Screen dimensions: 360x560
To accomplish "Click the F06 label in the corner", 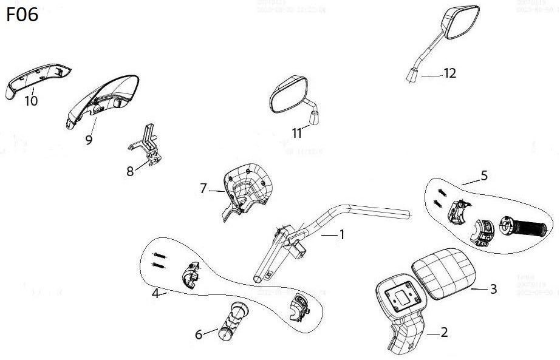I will point(22,15).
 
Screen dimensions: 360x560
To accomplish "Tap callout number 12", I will point(449,73).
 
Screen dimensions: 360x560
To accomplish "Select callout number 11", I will point(297,133).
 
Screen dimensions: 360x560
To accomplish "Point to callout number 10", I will point(30,101).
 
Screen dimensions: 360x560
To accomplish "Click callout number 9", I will point(89,139).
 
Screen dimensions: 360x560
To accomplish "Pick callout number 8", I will point(130,171).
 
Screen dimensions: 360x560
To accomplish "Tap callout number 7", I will point(203,188).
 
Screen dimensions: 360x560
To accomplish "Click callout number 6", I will point(198,334).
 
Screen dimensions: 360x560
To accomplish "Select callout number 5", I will point(483,175).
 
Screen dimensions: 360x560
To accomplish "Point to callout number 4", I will point(155,293).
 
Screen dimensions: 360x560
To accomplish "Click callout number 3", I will point(493,289).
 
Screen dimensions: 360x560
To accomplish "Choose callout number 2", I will point(444,332).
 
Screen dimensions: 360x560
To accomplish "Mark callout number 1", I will point(341,234).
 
